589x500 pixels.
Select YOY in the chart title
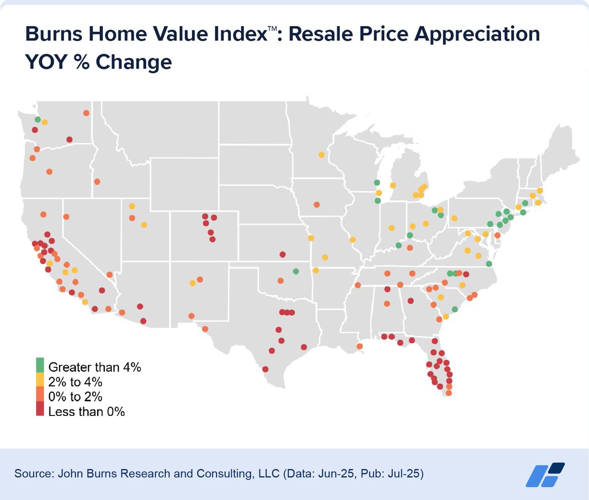point(46,62)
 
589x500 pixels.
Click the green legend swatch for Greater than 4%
point(40,365)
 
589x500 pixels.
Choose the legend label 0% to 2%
point(75,396)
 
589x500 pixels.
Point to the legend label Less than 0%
point(86,411)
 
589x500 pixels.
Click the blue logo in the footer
point(545,474)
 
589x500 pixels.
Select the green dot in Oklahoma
point(295,271)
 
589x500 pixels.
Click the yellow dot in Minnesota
point(321,155)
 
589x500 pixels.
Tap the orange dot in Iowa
point(317,205)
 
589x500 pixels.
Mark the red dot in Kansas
point(282,254)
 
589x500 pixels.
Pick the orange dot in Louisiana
point(360,346)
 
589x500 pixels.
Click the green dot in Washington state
point(37,119)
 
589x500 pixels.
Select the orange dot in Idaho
point(97,181)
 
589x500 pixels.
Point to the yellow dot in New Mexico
point(192,283)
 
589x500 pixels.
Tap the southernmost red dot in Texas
point(266,369)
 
